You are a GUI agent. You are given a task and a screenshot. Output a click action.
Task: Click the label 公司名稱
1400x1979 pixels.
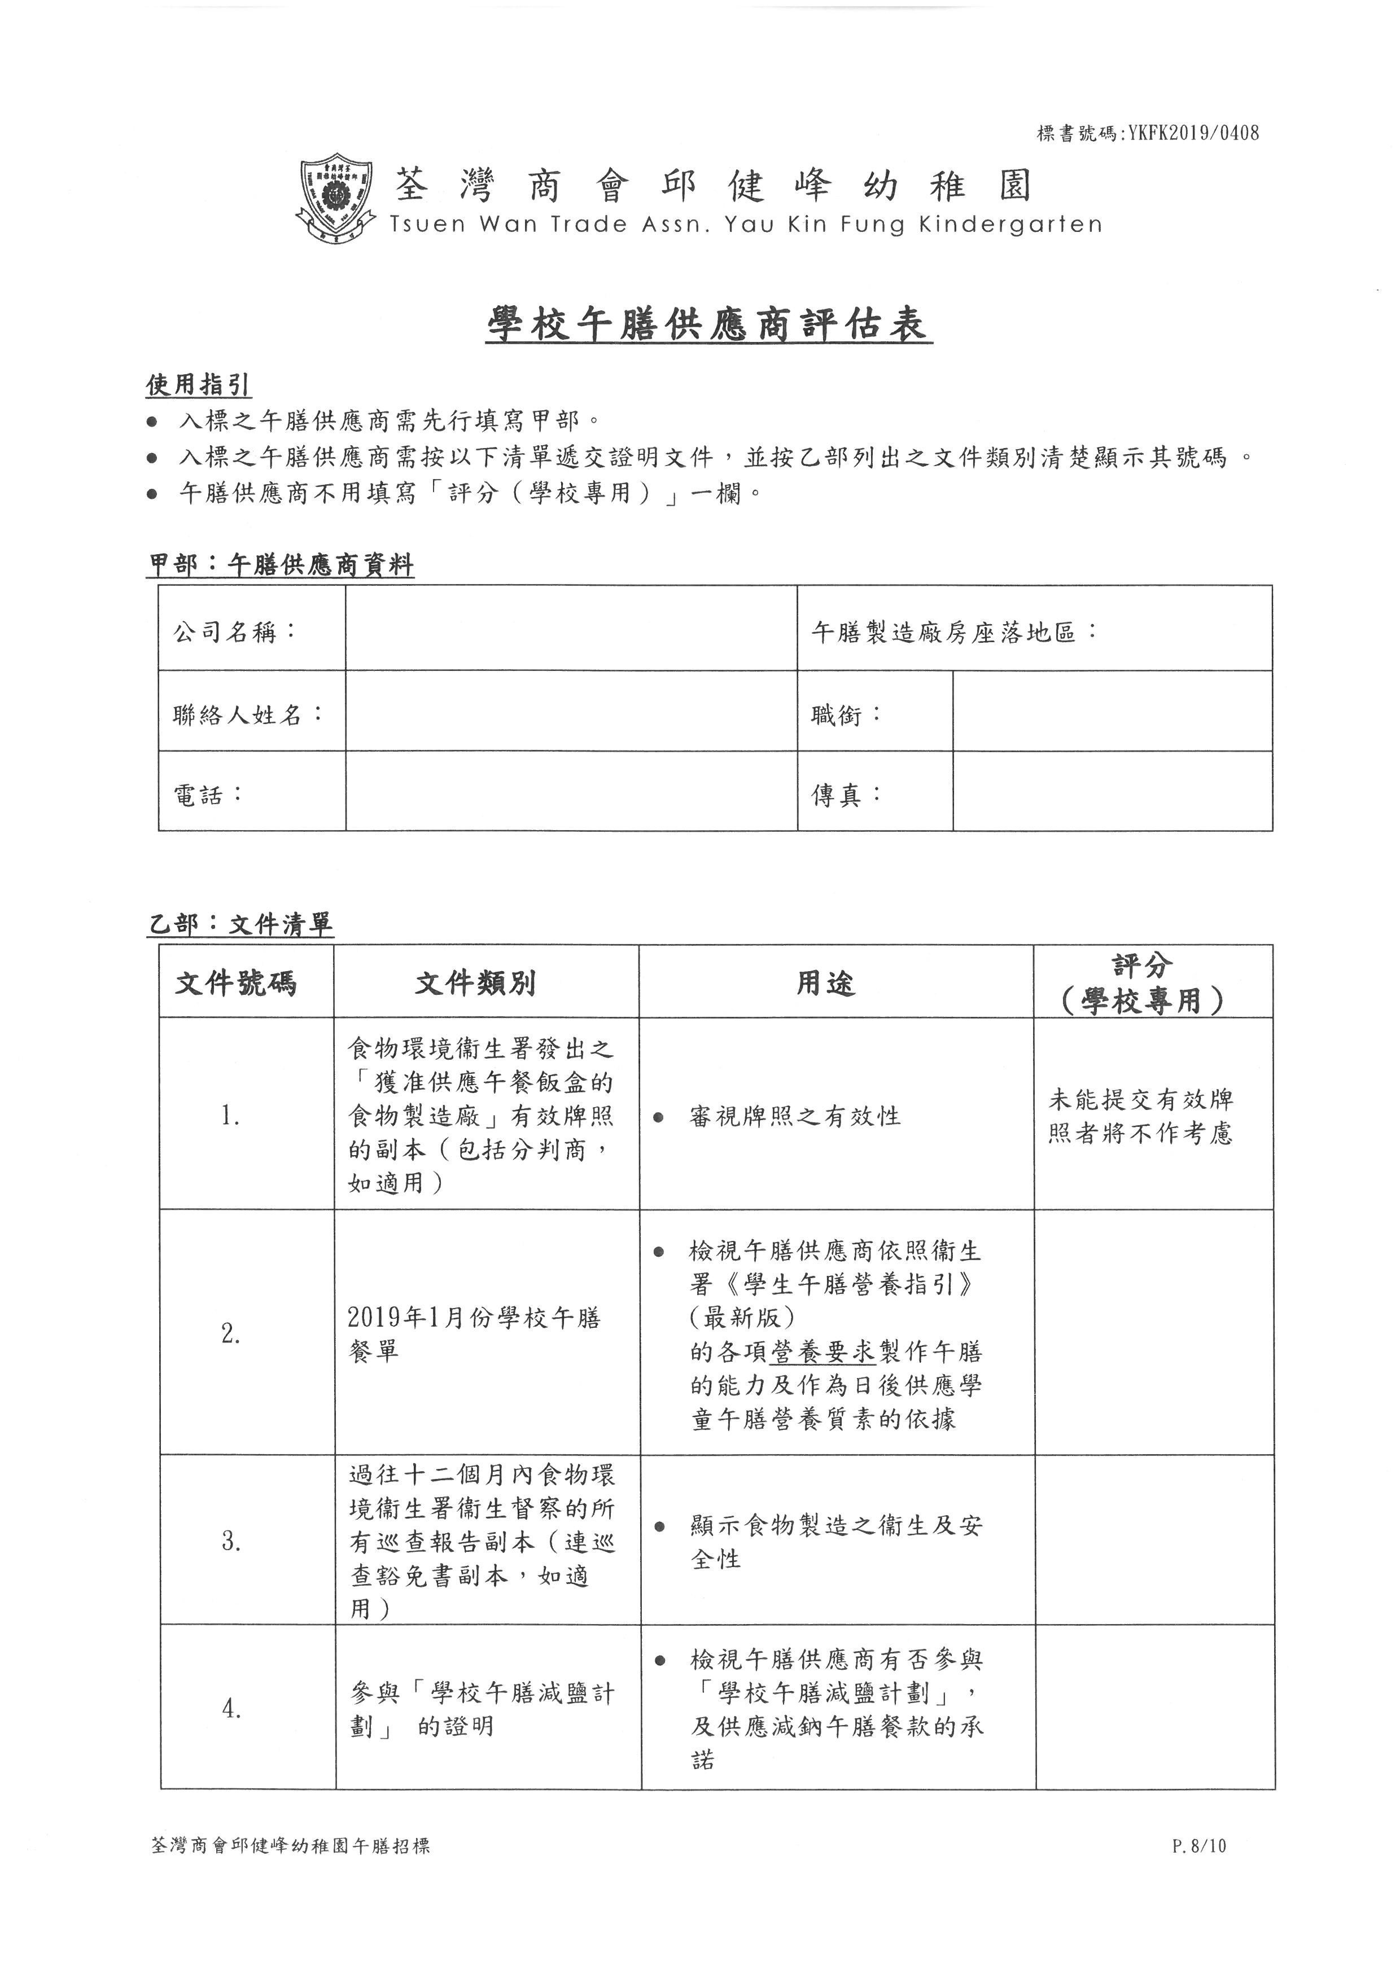(x=234, y=632)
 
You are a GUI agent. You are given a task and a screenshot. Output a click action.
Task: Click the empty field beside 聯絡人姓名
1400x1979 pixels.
(x=571, y=712)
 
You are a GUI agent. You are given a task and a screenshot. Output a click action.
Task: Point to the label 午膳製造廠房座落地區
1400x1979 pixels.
(x=953, y=633)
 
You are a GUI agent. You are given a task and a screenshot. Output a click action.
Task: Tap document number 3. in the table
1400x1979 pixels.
(x=231, y=1541)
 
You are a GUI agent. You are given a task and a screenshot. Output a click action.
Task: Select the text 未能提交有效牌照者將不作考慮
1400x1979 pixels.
(x=1140, y=1116)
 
